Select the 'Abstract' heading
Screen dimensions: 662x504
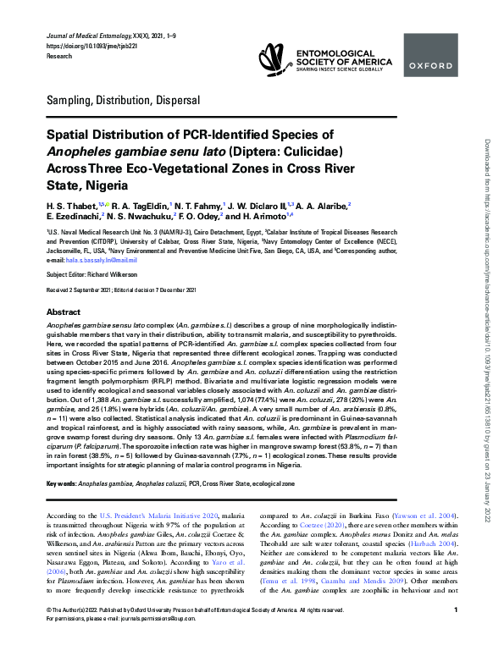pyautogui.click(x=64, y=312)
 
